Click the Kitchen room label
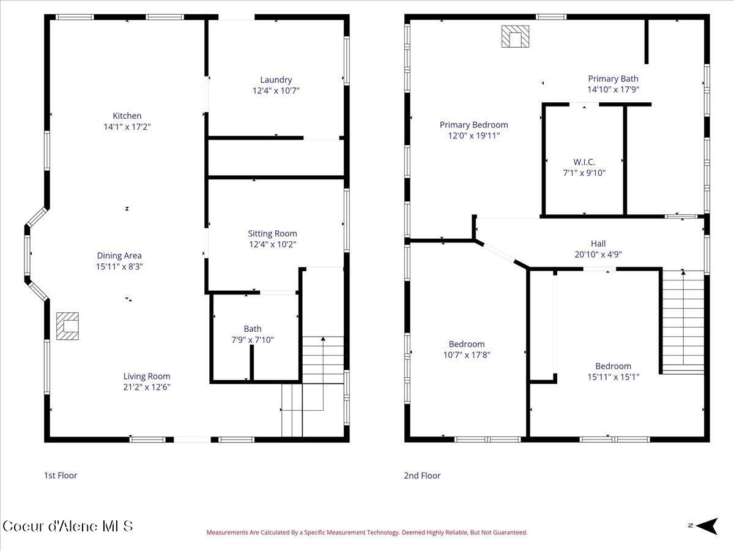(127, 116)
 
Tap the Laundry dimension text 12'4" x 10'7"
(276, 91)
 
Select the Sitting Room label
(272, 233)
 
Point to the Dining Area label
(119, 255)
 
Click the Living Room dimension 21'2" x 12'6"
(147, 387)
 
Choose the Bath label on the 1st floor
(253, 329)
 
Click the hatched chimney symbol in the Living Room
(67, 326)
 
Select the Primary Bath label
(613, 78)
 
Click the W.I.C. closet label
(584, 162)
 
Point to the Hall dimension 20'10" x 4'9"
(598, 254)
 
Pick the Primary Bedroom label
(473, 125)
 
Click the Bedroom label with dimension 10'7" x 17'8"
(467, 344)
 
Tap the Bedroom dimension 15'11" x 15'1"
(613, 377)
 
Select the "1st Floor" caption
(61, 475)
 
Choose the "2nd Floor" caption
(421, 475)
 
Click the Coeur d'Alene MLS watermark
(67, 526)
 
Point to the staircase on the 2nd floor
(683, 321)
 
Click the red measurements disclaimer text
(366, 533)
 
